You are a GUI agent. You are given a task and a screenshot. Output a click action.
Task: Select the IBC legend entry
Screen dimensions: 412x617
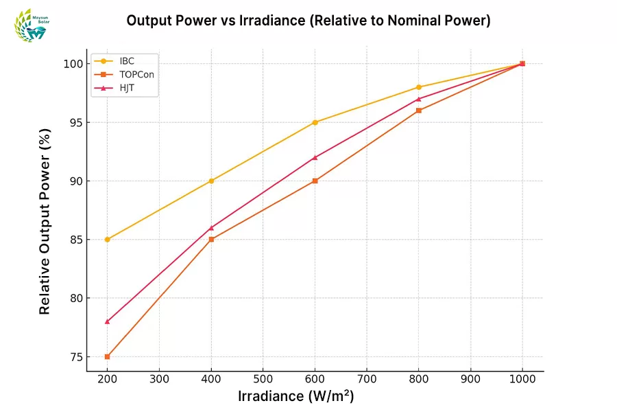127,60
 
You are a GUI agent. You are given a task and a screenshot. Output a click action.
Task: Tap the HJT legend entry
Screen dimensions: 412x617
127,87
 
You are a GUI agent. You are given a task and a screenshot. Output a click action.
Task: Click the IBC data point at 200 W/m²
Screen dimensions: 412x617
108,240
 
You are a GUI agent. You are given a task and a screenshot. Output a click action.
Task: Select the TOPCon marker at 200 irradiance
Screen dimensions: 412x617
108,356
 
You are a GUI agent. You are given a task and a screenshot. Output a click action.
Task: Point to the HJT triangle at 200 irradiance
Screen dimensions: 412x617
108,321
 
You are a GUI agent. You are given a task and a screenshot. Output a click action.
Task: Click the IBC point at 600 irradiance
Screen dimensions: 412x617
315,122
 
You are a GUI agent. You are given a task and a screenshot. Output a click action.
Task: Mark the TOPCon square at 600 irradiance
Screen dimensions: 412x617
315,181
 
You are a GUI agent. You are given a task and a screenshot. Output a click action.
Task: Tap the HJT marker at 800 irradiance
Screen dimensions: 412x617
419,99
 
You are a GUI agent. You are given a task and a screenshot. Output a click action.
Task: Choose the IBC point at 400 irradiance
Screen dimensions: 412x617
211,181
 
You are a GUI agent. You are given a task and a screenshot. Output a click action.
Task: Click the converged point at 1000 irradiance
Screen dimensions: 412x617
522,64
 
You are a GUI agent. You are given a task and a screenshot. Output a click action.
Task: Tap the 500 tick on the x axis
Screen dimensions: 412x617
263,378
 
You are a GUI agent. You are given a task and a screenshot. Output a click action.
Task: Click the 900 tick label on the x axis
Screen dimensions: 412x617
470,378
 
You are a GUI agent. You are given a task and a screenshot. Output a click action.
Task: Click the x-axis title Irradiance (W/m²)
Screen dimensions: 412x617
296,397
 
